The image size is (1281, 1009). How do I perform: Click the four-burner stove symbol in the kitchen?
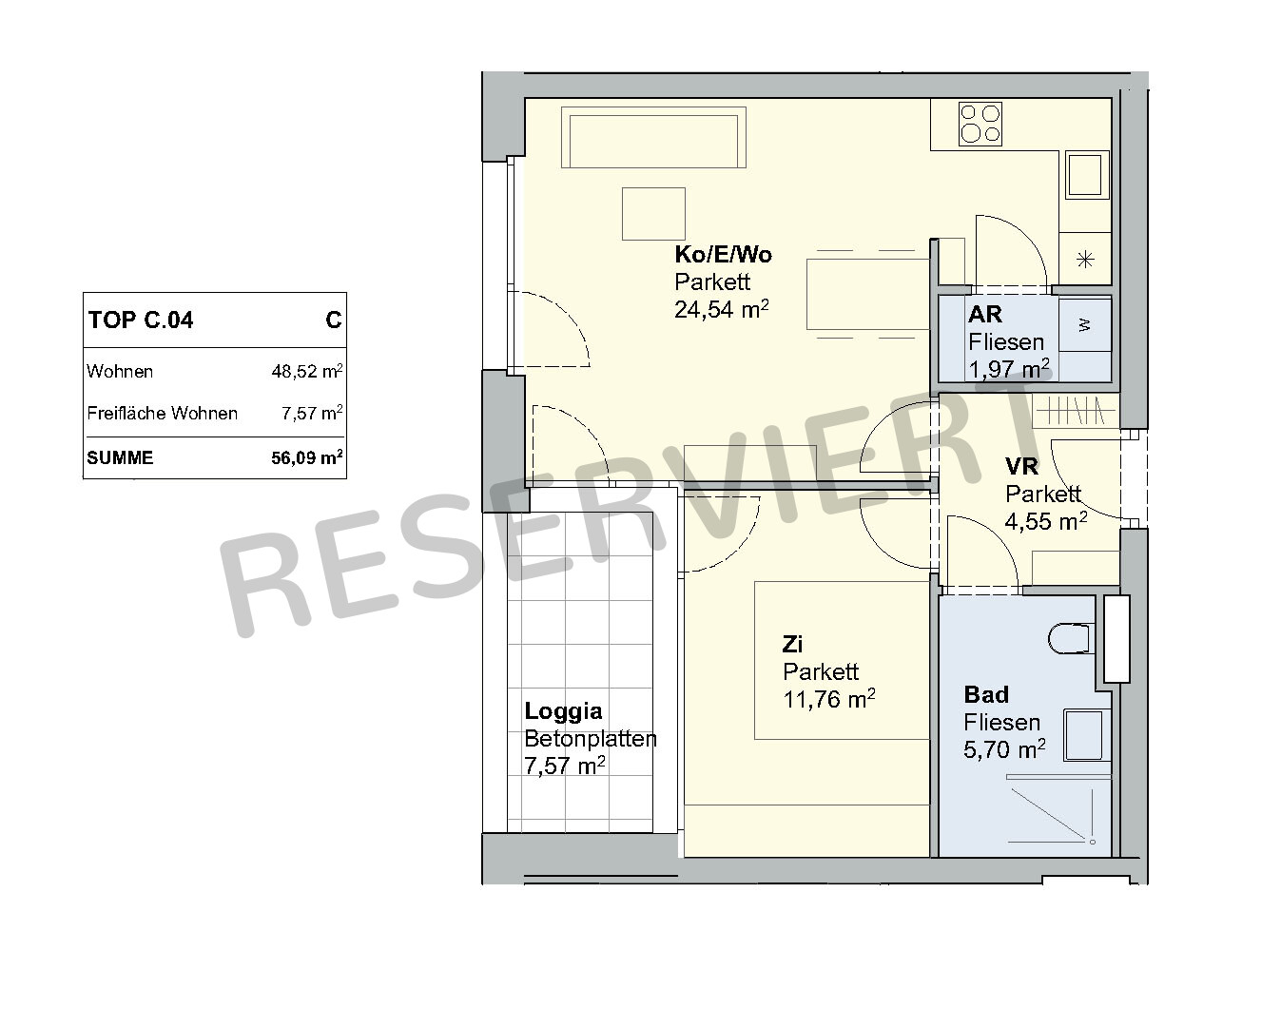[980, 124]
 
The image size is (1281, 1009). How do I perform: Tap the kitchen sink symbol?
[1087, 174]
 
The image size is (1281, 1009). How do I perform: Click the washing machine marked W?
[1084, 325]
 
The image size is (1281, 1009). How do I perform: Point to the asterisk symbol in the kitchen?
[1085, 260]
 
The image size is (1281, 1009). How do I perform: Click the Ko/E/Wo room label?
[724, 255]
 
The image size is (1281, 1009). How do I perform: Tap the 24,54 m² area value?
[722, 309]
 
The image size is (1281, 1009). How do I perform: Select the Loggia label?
[563, 711]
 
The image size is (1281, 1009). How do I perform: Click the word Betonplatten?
[591, 739]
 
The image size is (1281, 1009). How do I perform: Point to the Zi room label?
[792, 644]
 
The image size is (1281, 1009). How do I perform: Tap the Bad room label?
[986, 694]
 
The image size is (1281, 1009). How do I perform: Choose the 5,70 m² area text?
[1005, 749]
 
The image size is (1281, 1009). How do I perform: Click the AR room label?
[985, 314]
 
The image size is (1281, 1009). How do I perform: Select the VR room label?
[1021, 466]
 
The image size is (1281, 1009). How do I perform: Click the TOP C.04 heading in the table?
[141, 320]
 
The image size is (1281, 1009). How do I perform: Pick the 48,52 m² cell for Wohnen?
[307, 372]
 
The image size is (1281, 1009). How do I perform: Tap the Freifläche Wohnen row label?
[162, 413]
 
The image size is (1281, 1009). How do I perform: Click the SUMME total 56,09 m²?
[307, 457]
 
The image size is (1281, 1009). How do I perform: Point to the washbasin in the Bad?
[1083, 734]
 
